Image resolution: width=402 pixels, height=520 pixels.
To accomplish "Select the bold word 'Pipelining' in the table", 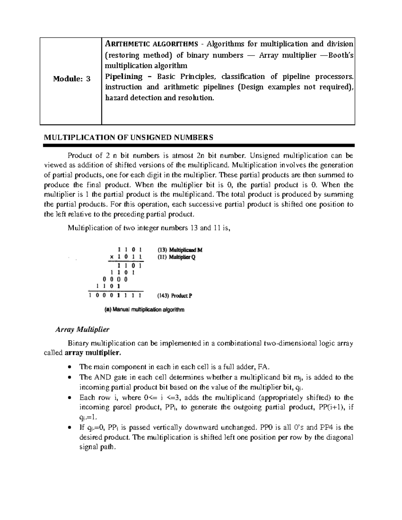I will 124,76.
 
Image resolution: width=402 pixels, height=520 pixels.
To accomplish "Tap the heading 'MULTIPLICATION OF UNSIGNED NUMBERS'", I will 129,137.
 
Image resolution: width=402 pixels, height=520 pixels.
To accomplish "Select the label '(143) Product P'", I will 175,296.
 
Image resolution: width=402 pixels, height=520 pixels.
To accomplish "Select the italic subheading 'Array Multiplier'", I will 82,329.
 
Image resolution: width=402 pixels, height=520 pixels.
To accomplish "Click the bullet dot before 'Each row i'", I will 69,398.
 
